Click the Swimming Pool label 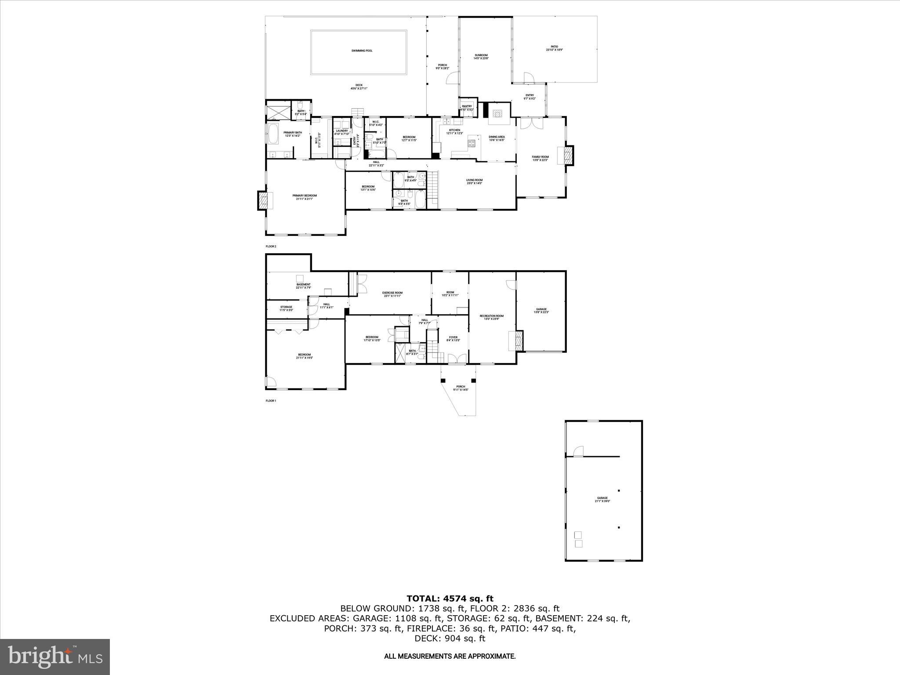coord(362,51)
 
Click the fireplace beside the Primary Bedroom coord(263,200)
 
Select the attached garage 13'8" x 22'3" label coord(541,310)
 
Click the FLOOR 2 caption coord(271,247)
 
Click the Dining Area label coord(497,138)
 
